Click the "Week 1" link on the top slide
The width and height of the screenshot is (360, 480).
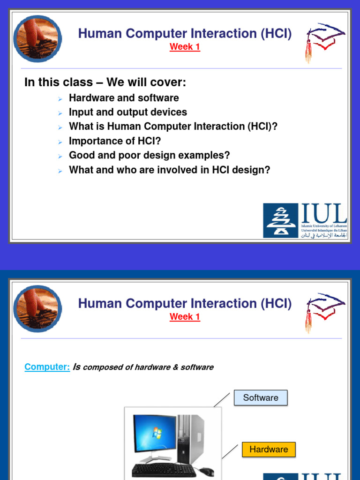pos(185,47)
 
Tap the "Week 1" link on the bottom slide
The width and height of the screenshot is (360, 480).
pos(185,317)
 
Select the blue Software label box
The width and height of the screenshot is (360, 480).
pos(261,397)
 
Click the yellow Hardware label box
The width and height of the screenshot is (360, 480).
pos(269,450)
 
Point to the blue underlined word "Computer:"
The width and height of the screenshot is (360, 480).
pos(47,367)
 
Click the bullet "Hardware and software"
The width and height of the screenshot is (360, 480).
pos(124,98)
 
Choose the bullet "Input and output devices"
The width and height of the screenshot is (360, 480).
pos(127,112)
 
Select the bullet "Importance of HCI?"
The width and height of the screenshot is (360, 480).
pos(115,141)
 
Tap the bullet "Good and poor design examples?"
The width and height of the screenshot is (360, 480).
pos(149,156)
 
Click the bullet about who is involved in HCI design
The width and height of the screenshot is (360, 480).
pos(169,170)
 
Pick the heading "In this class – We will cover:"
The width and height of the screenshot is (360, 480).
pos(105,82)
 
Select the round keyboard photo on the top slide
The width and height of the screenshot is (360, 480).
pos(37,39)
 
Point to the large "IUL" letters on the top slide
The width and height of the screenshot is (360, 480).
pos(323,214)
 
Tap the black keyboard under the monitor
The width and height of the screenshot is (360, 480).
pos(164,470)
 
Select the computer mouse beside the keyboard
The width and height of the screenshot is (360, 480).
pos(206,471)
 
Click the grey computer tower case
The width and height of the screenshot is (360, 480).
pos(191,438)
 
